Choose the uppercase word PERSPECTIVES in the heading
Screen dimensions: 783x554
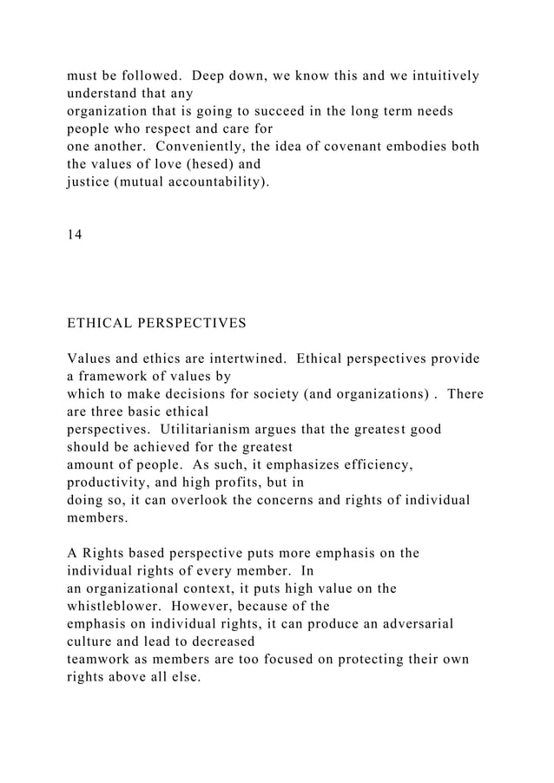click(195, 324)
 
